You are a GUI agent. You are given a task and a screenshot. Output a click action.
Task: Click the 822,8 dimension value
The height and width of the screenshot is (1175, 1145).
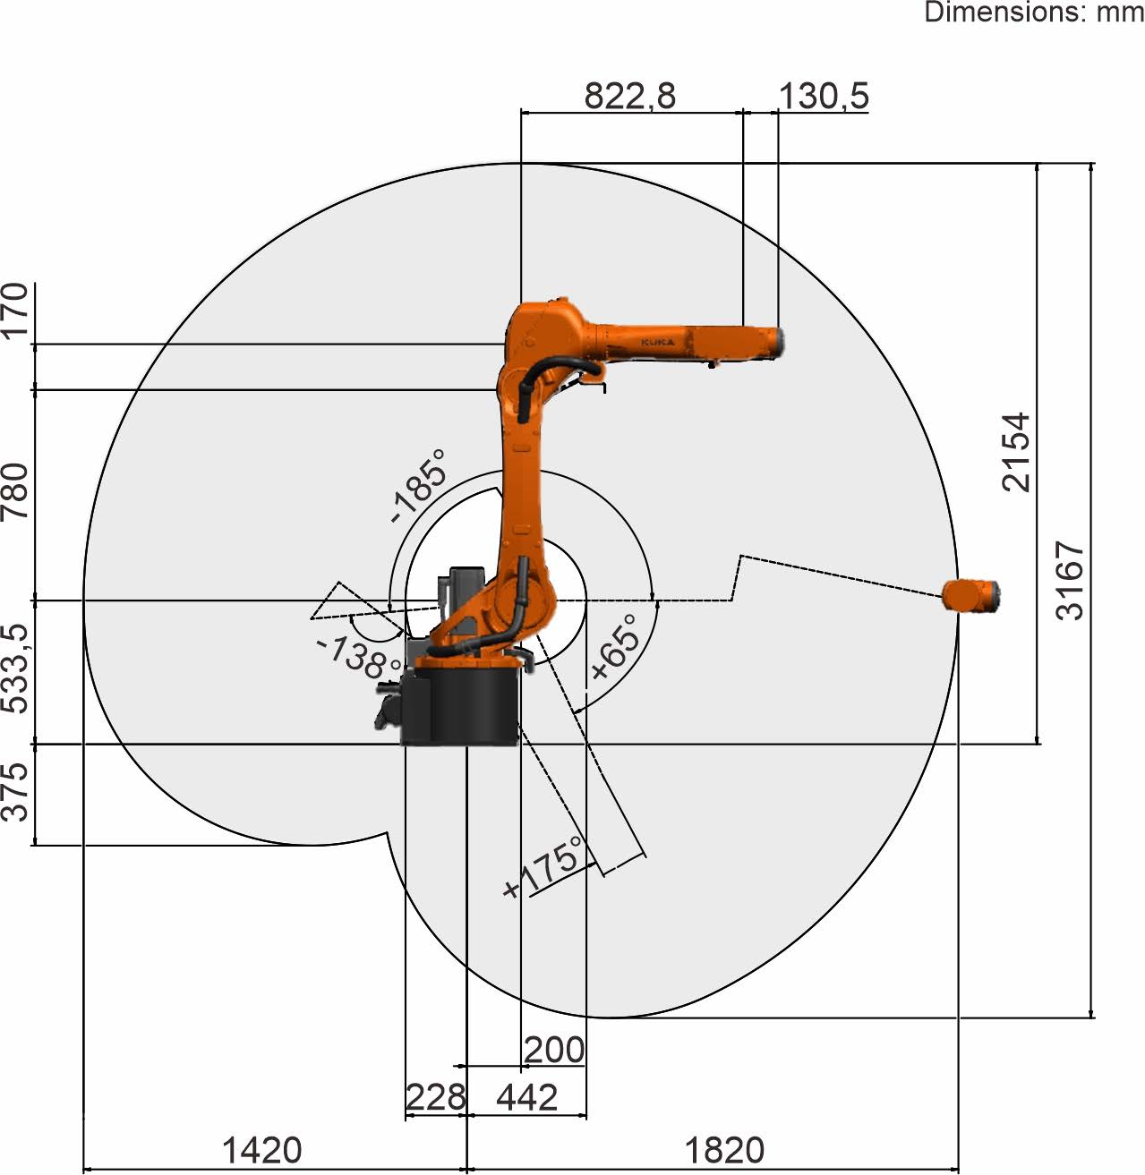click(630, 96)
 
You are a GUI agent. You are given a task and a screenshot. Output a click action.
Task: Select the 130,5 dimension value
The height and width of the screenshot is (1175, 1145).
click(824, 96)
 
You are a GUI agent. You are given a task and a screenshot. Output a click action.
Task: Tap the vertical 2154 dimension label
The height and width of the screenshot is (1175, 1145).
click(1016, 452)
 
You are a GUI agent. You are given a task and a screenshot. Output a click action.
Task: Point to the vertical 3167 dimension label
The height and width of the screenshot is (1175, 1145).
click(1070, 580)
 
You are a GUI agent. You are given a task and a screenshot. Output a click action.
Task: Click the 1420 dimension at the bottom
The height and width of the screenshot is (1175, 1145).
click(262, 1150)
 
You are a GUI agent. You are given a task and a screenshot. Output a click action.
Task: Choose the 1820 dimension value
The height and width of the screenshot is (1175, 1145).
click(724, 1150)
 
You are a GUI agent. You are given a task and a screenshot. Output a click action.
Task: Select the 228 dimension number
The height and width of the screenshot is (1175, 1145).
click(435, 1096)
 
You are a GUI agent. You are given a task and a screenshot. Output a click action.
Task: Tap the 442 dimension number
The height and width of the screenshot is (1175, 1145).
click(526, 1096)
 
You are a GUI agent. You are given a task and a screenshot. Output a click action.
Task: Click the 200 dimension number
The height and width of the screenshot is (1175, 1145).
click(554, 1050)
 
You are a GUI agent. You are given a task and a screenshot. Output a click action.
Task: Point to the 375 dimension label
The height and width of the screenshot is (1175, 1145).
click(14, 792)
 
